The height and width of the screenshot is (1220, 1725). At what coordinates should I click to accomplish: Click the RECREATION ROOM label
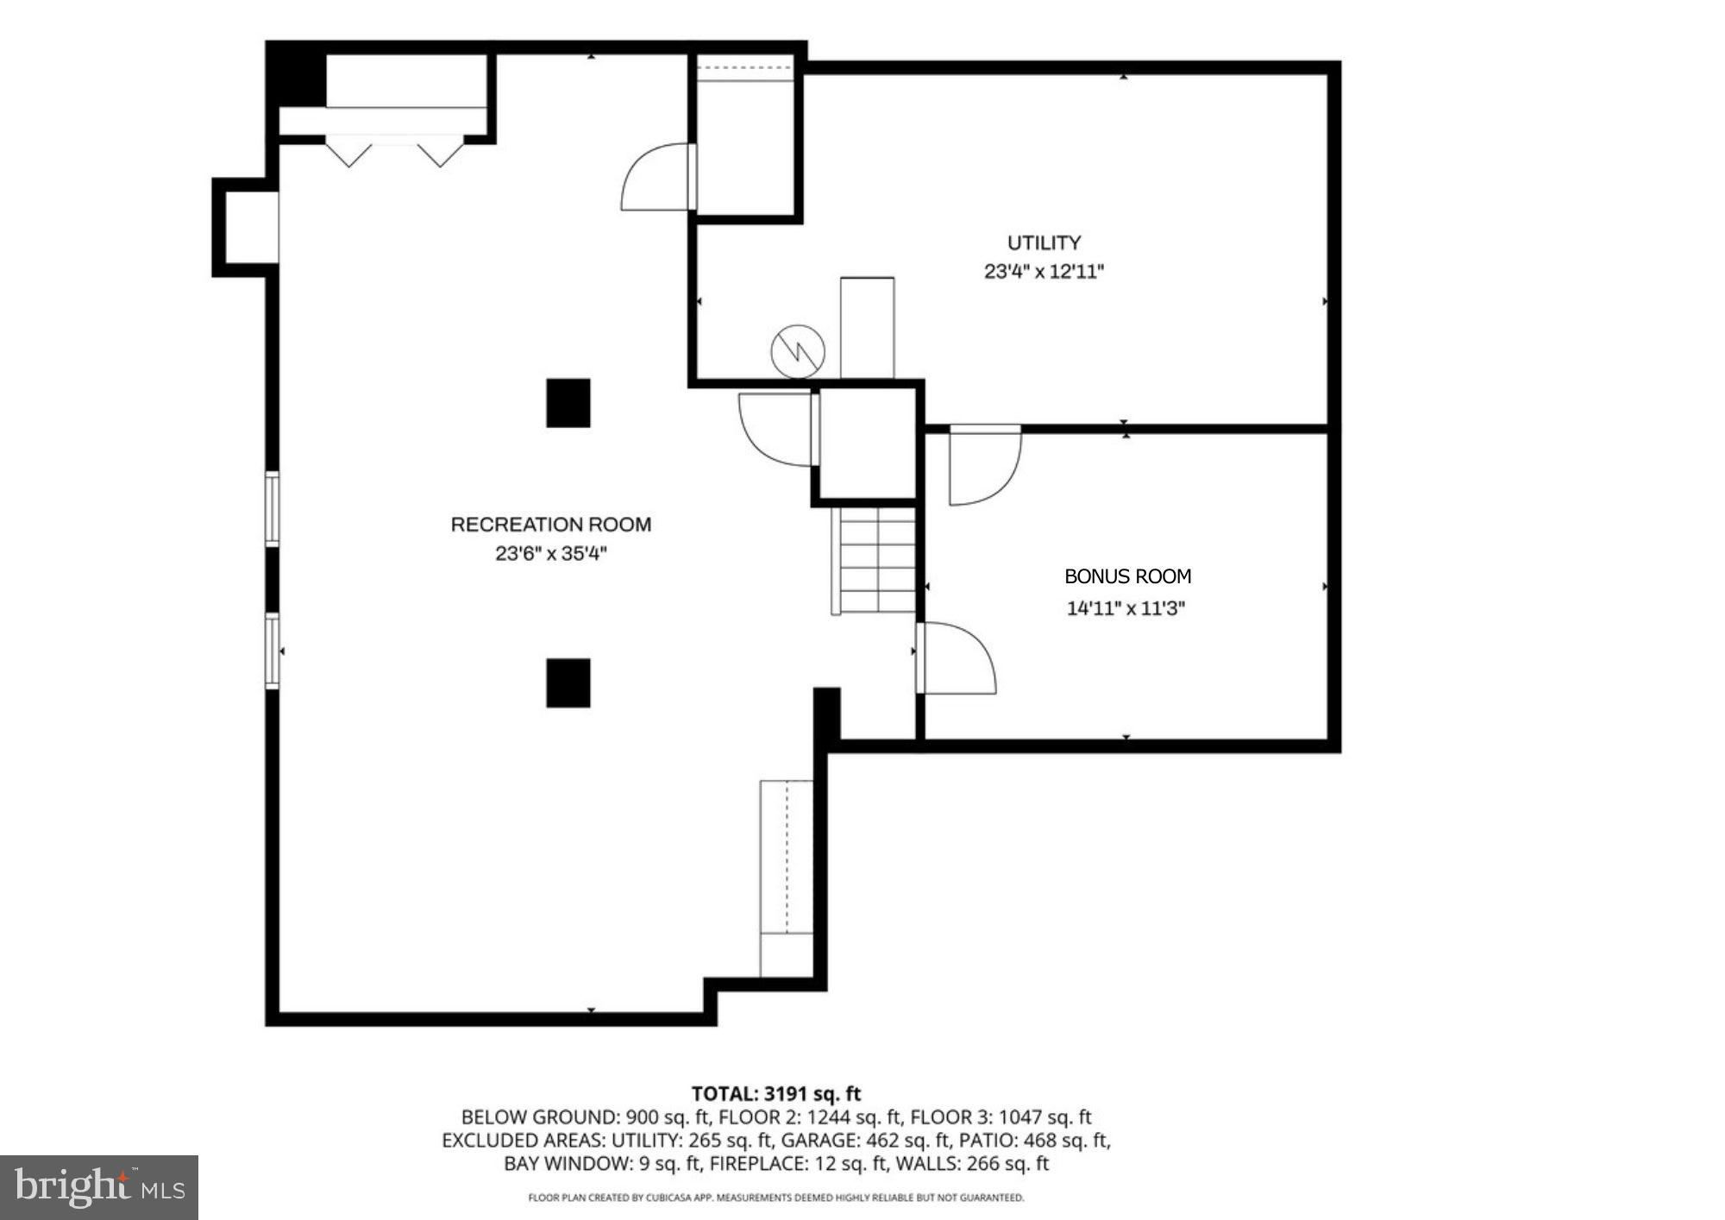[550, 525]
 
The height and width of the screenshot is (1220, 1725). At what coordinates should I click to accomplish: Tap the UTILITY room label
[1044, 242]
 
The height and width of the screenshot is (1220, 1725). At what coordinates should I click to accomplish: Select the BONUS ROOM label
[1127, 576]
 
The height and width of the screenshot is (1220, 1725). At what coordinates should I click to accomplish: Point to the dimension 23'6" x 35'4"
[550, 554]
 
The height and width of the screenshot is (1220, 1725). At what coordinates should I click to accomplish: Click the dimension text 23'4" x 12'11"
[1044, 272]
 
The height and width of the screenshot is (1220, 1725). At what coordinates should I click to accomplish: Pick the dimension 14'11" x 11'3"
[1126, 608]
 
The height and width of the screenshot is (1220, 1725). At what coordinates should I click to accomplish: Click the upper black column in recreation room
[568, 403]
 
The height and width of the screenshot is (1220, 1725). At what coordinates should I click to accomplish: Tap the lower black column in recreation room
[568, 682]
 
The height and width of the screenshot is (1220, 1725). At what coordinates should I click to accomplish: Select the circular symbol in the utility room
[797, 351]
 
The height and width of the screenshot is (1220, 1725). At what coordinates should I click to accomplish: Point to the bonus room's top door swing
[983, 466]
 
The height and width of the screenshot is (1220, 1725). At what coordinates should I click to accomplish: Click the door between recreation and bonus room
[953, 657]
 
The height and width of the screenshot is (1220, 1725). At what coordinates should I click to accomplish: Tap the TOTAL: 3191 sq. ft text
[775, 1094]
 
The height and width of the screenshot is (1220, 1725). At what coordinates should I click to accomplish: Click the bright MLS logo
[99, 1187]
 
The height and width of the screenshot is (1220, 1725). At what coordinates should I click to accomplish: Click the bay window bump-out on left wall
[246, 227]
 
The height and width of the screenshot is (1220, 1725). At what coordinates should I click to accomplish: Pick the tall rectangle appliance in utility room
[867, 328]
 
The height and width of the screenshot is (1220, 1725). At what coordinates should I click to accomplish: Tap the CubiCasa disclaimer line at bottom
[775, 1198]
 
